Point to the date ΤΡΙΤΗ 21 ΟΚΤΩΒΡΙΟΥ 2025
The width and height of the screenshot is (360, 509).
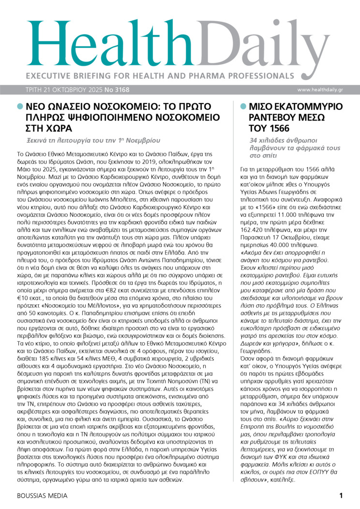57,90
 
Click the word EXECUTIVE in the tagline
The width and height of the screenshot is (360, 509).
47,76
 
